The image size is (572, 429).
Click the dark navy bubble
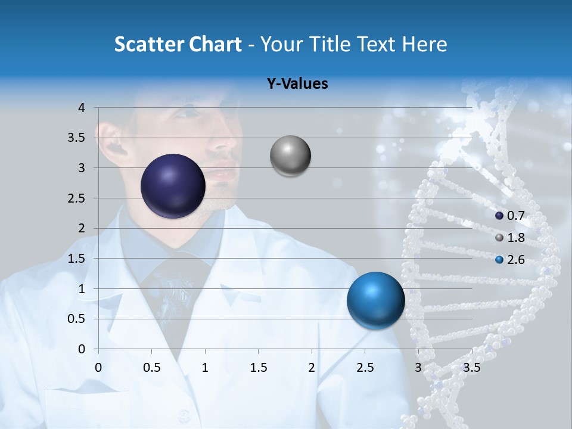173,186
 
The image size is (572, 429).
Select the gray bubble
290,156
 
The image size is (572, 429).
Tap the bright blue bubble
375,300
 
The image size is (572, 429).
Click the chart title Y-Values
297,84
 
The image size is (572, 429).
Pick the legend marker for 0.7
499,216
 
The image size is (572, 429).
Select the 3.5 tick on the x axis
471,367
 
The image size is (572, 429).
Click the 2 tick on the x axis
311,367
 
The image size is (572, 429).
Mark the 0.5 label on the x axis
152,367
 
